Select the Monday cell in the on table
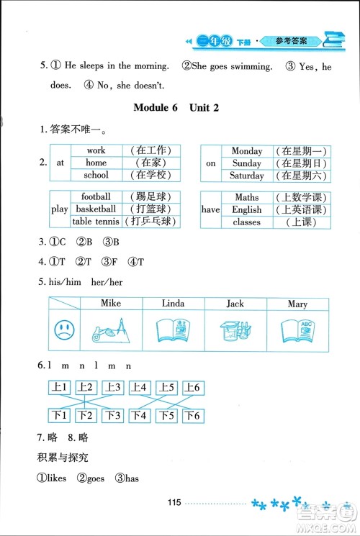point(246,151)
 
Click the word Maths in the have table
point(247,197)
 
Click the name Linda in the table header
point(174,304)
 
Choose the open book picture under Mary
point(297,330)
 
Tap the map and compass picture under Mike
point(111,330)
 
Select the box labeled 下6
point(192,416)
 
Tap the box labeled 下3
point(112,416)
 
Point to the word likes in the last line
point(57,478)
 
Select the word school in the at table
point(96,175)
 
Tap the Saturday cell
point(246,175)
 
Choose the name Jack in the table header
point(235,304)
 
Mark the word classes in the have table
point(247,222)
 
